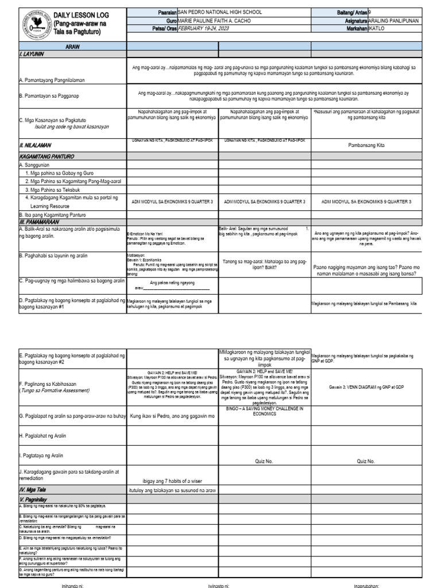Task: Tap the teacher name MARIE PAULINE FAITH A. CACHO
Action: (x=215, y=21)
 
